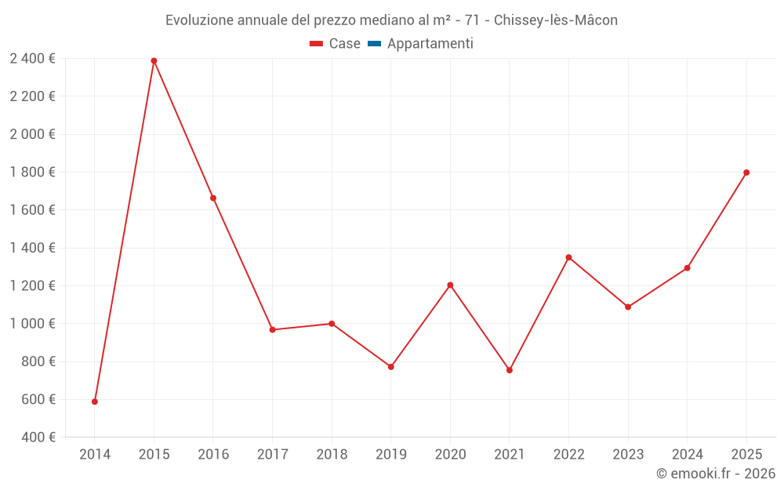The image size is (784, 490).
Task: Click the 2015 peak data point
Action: point(154,60)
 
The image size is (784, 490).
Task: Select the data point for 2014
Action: point(95,401)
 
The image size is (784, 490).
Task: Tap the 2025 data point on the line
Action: point(746,172)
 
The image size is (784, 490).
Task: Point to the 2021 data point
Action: point(510,370)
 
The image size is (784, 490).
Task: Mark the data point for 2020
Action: point(450,285)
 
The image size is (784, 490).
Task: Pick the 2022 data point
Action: point(568,257)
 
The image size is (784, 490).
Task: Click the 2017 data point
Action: point(272,329)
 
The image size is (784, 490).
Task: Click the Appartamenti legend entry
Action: point(430,44)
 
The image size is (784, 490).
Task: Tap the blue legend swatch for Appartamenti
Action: point(374,44)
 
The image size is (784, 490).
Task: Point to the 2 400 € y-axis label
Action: point(32,58)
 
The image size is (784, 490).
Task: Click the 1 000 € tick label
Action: point(32,323)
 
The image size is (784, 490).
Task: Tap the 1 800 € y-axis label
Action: point(32,172)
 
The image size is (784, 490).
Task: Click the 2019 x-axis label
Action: point(390,454)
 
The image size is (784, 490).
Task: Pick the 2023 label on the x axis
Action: point(627,454)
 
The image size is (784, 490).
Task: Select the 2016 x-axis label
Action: point(213,454)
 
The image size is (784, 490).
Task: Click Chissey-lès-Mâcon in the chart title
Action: point(556,20)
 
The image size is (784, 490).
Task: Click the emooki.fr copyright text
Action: point(716,474)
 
